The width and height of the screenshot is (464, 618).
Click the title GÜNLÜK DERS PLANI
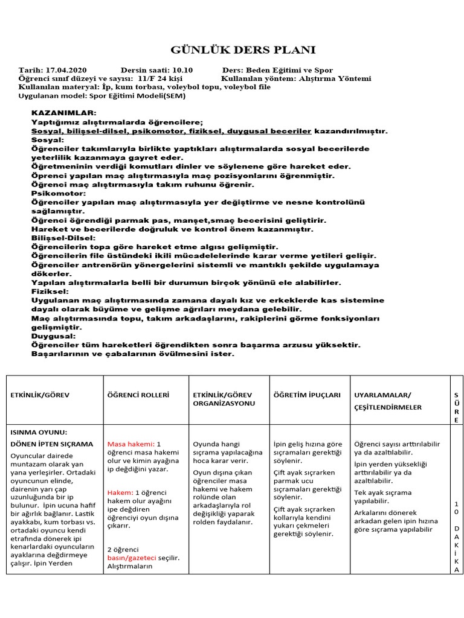243,49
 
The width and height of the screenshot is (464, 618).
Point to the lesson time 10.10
181,70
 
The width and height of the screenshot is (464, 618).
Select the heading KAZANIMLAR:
63,113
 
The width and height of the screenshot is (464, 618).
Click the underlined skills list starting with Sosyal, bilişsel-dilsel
171,130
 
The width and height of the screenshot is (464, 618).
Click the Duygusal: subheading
54,336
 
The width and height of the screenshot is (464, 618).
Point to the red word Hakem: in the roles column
120,492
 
